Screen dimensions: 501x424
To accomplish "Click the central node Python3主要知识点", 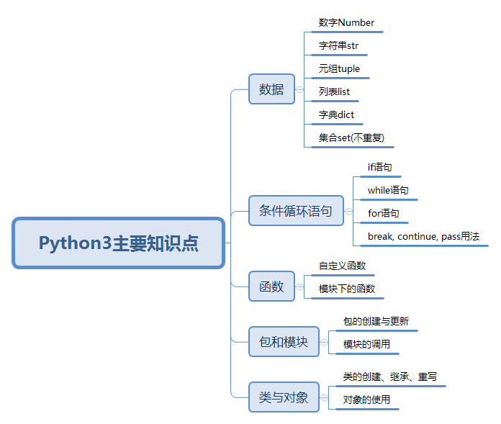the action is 118,243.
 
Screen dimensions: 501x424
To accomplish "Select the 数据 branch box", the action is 271,89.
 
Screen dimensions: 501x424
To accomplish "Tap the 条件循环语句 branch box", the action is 296,211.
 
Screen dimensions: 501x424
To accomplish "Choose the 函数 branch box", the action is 271,287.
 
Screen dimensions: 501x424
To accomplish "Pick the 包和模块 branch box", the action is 284,341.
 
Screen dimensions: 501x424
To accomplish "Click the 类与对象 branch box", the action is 284,397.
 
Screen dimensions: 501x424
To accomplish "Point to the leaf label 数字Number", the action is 346,23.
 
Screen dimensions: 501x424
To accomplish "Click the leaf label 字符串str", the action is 338,45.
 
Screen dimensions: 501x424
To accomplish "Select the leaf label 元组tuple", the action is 339,68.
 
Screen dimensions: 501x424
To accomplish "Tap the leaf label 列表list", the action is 334,91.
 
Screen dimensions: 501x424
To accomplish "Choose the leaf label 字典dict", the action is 336,114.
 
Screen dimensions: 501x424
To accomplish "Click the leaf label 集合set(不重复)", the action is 351,137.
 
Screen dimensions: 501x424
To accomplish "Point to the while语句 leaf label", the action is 388,191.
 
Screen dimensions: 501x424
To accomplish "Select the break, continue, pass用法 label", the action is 424,236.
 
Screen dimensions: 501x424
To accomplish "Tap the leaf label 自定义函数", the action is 342,266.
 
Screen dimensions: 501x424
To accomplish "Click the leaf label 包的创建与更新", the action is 376,321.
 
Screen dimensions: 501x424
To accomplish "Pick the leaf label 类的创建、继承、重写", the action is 390,376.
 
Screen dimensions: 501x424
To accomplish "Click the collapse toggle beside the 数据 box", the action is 299,89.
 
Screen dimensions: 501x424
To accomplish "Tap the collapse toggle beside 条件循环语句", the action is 348,211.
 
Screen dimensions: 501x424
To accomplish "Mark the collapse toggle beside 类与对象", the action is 325,397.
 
